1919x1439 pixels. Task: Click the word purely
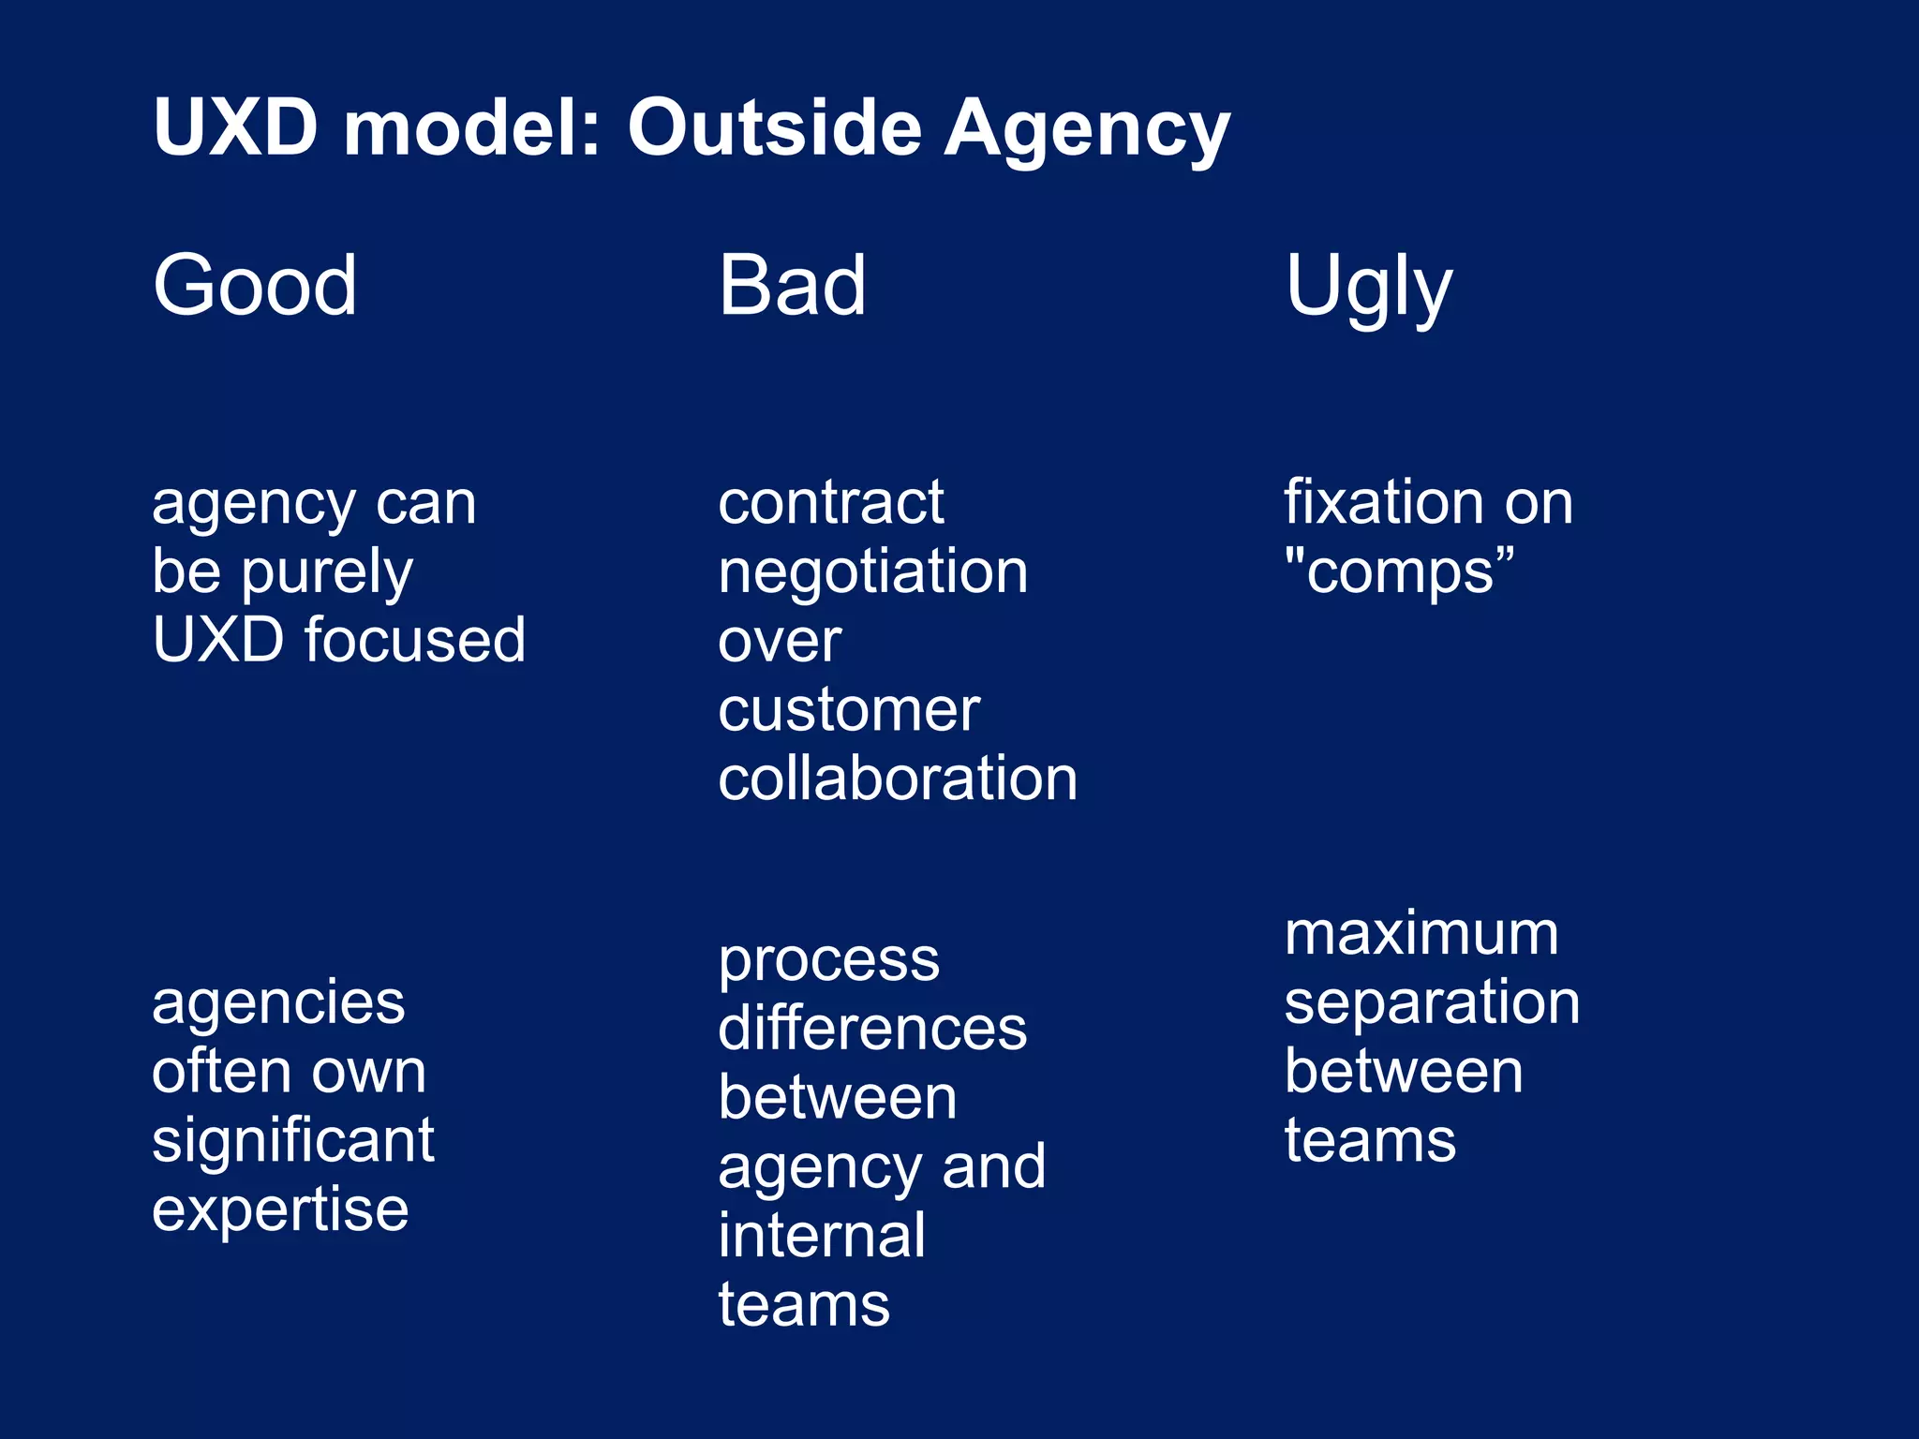327,573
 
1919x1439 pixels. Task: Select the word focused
414,640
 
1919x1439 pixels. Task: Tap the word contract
831,502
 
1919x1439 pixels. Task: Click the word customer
848,709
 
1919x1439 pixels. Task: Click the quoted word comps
1400,573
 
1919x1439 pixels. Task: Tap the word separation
1432,1003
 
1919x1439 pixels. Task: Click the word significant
293,1141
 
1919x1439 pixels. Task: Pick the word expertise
280,1210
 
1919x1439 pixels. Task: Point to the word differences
872,1029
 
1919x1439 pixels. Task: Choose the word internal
822,1235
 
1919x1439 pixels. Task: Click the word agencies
278,1003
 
